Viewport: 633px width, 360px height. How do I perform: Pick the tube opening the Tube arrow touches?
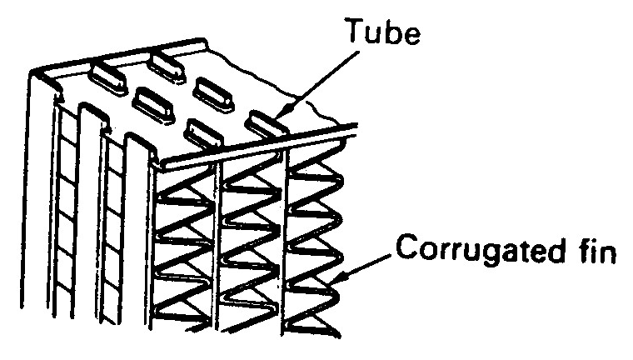click(x=266, y=122)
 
